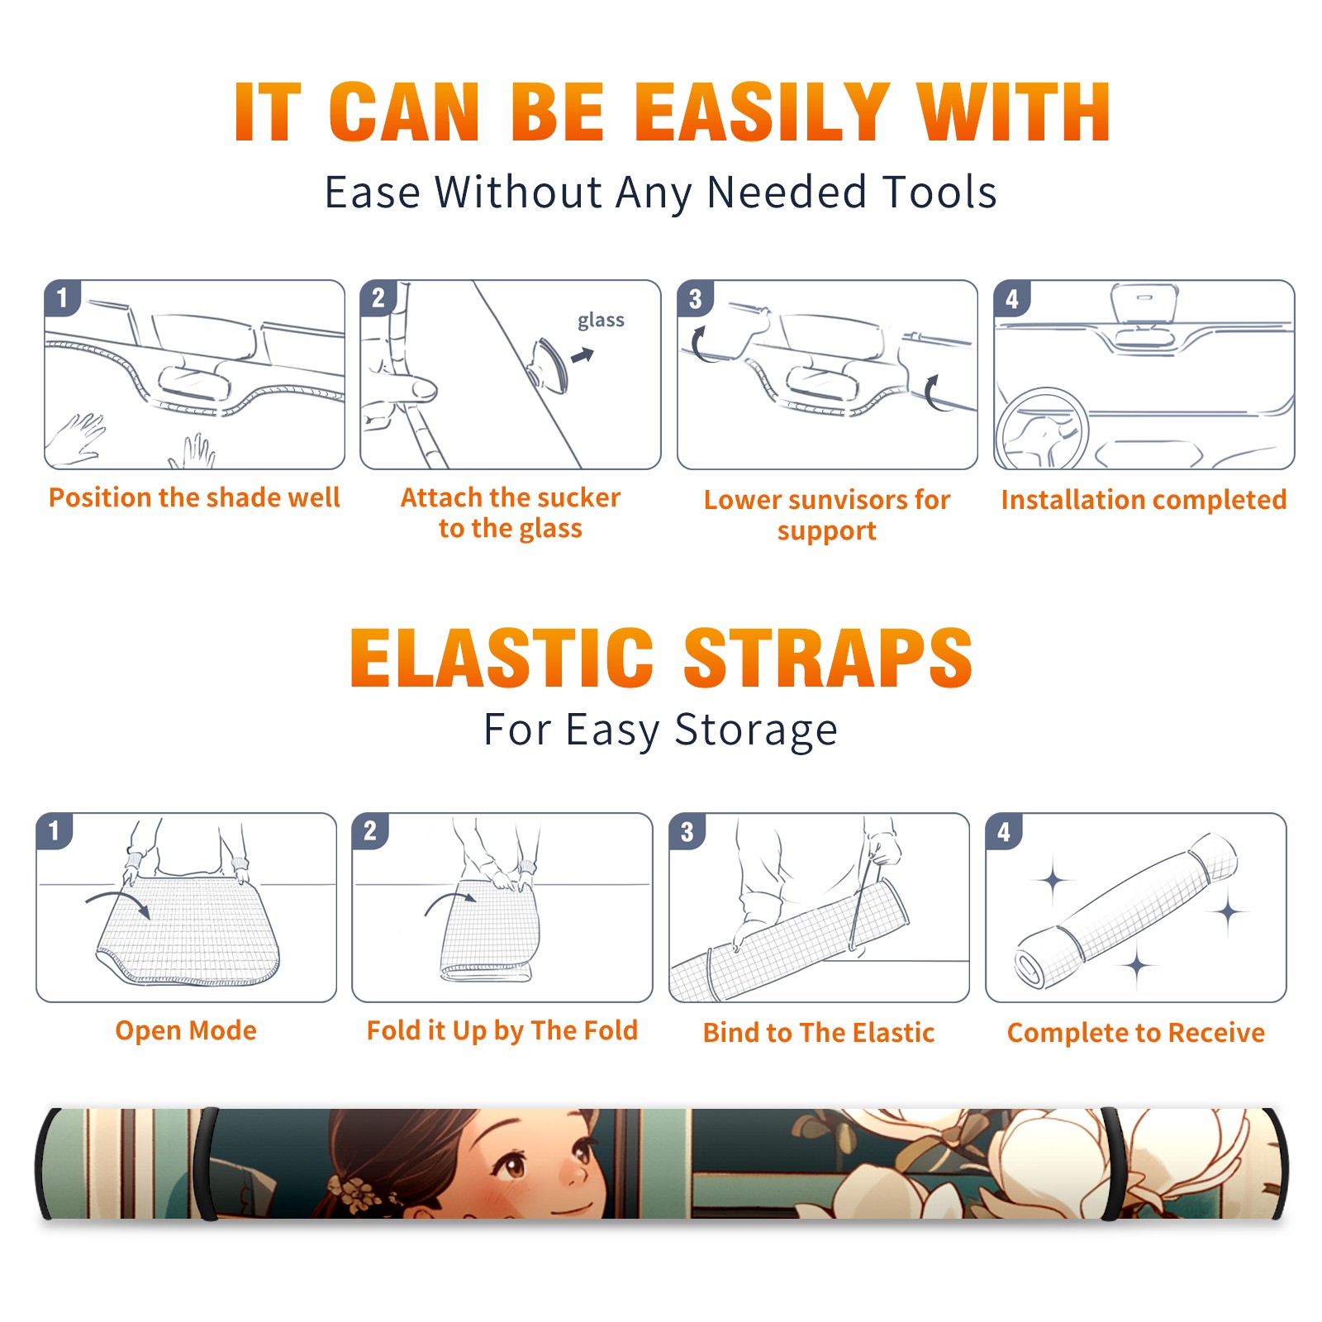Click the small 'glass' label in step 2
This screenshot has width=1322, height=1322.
[x=601, y=321]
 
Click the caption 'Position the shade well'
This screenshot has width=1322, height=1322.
[x=194, y=497]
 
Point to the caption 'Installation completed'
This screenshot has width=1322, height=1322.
[x=1144, y=499]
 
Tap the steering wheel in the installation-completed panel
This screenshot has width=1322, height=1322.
[x=1041, y=430]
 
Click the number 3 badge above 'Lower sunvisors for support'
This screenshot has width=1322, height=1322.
[x=695, y=298]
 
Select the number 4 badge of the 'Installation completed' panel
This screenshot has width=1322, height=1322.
[x=1011, y=298]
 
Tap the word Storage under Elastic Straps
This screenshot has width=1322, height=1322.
[x=756, y=730]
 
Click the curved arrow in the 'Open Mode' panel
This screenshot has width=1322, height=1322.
[x=118, y=901]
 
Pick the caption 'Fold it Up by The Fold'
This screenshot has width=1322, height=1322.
[x=502, y=1031]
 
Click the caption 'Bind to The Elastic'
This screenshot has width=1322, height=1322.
[x=819, y=1033]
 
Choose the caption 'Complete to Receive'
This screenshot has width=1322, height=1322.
[x=1136, y=1033]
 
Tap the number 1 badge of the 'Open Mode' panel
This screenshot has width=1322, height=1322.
[x=54, y=830]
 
